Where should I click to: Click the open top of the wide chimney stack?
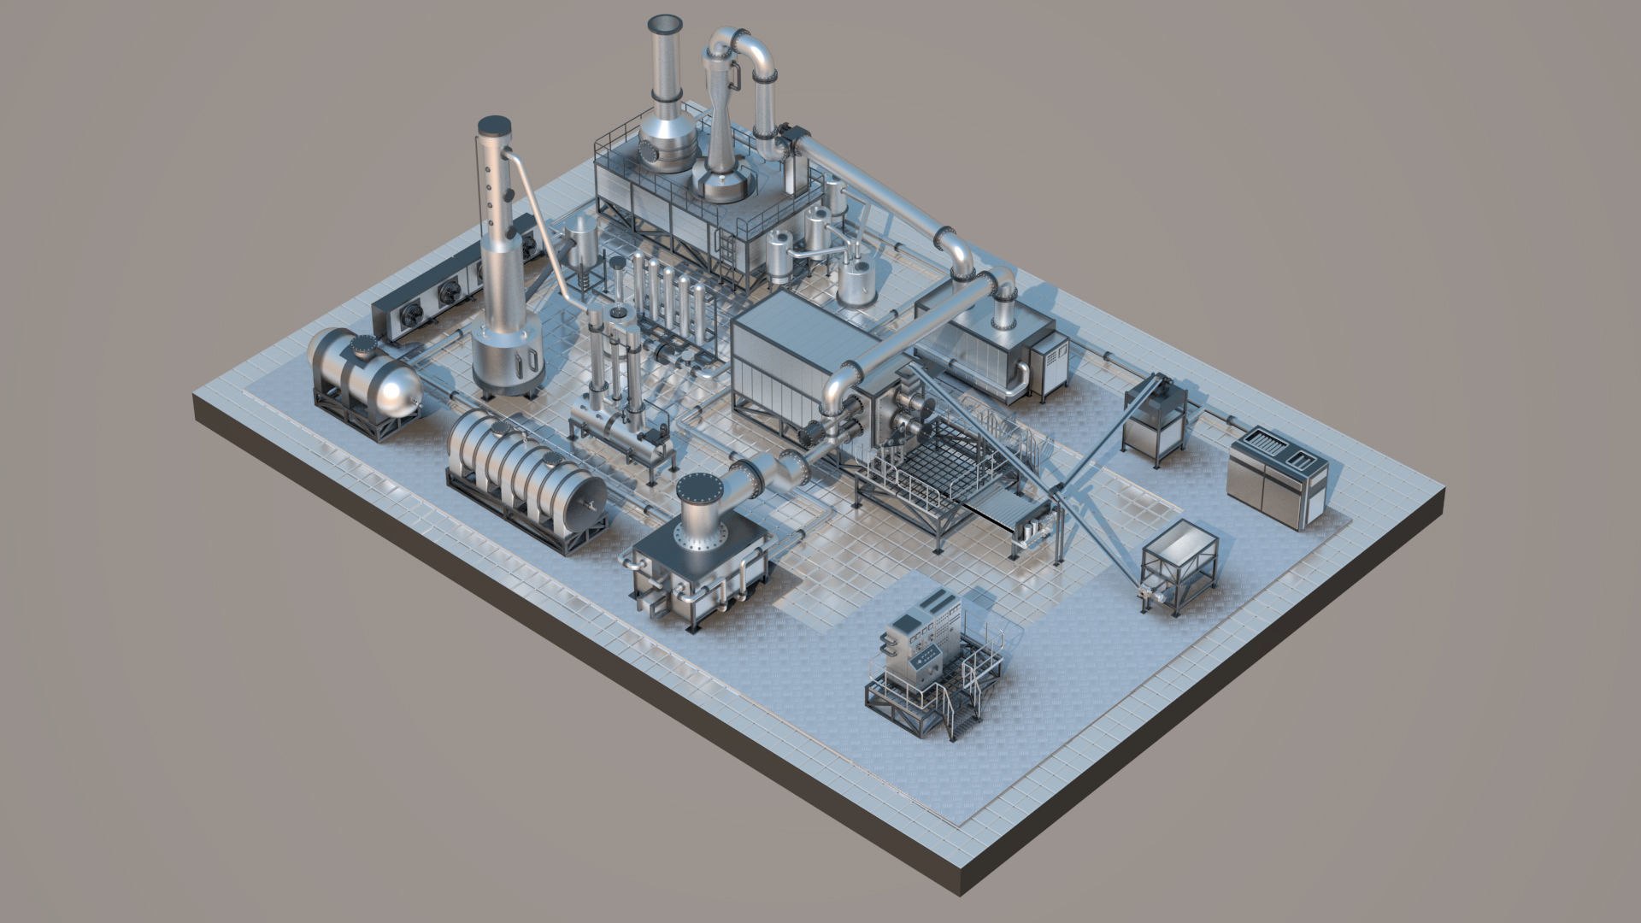coord(663,21)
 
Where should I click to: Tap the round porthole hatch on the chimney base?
coord(652,153)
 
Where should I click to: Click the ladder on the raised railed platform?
coord(727,252)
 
